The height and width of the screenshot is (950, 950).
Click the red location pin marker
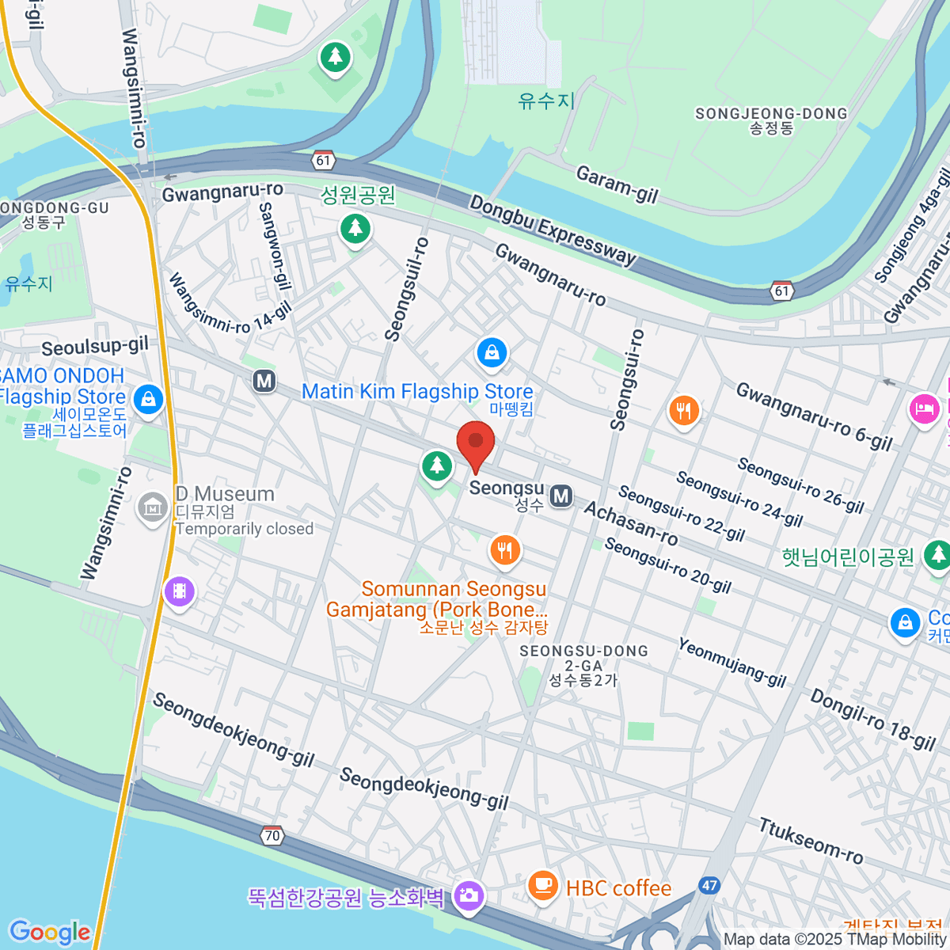coord(476,443)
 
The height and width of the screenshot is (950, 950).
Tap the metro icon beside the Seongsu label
coord(561,496)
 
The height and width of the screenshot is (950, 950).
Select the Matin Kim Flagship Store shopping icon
coord(492,353)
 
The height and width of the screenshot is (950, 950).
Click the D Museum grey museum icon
coord(152,507)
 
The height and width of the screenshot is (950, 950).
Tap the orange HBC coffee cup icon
coord(542,884)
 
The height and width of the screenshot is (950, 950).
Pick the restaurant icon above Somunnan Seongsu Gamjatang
coord(505,549)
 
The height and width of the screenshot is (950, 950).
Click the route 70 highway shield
coord(272,835)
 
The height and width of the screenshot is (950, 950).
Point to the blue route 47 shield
coord(709,885)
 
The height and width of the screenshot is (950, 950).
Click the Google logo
coord(49,932)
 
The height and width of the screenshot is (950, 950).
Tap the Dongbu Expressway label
coord(553,230)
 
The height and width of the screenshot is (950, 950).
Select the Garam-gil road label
coord(617,184)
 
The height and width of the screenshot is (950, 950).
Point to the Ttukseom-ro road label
coord(811,840)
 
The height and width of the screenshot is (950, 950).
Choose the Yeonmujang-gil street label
coord(732,662)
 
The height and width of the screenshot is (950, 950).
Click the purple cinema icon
coord(180,591)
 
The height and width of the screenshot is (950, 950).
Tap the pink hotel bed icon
coord(924,409)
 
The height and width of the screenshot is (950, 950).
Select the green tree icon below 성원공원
coord(355,229)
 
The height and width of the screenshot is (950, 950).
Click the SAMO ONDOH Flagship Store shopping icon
coord(148,399)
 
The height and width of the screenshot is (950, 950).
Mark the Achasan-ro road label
coord(631,523)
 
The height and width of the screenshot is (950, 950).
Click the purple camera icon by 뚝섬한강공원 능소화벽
coord(469,896)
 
